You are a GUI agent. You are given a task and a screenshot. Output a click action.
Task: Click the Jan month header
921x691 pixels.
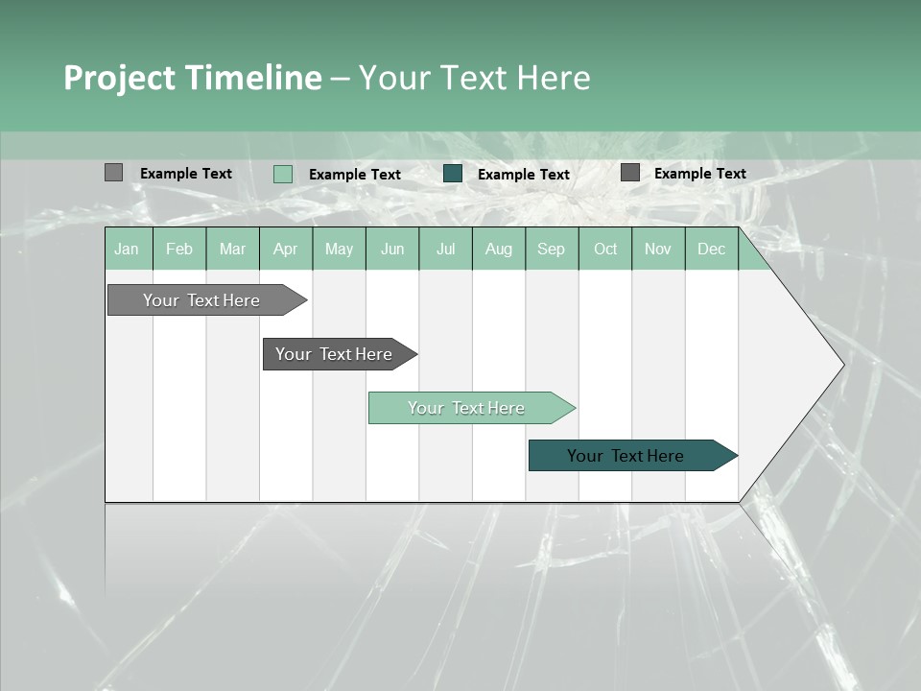pyautogui.click(x=127, y=249)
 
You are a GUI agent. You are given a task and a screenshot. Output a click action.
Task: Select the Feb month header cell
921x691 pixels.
pyautogui.click(x=179, y=249)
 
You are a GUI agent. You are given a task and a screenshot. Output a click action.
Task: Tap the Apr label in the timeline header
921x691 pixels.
pyautogui.click(x=285, y=249)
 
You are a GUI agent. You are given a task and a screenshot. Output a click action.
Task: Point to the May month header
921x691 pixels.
pyautogui.click(x=339, y=249)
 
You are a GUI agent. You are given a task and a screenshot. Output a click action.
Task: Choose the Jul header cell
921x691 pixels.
pyautogui.click(x=445, y=249)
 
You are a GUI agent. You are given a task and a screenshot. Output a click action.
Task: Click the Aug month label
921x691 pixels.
pyautogui.click(x=498, y=249)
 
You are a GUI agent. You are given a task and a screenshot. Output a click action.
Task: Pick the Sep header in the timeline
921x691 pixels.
pyautogui.click(x=551, y=249)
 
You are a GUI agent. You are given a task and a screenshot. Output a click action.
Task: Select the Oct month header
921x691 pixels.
pyautogui.click(x=605, y=249)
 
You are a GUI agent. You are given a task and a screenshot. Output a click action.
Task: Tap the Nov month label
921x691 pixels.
pyautogui.click(x=658, y=249)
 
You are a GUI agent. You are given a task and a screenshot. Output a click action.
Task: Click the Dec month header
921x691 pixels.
pyautogui.click(x=711, y=249)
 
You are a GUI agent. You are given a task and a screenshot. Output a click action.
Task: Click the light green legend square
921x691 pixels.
pyautogui.click(x=283, y=174)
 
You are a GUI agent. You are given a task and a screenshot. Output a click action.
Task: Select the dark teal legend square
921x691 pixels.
pyautogui.click(x=453, y=174)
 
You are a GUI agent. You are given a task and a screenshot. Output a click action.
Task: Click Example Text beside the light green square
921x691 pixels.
pyautogui.click(x=355, y=175)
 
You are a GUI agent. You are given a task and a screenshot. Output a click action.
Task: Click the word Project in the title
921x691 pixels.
pyautogui.click(x=121, y=78)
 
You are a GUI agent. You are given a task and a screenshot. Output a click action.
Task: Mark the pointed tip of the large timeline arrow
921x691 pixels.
pyautogui.click(x=843, y=365)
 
